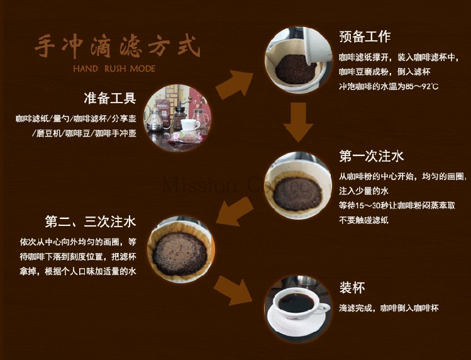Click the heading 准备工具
coord(109,98)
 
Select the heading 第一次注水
coord(371,155)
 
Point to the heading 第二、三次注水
coord(91,222)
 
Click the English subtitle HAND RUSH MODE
coord(114,68)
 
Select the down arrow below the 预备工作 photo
coord(298,123)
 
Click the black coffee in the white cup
coord(296,303)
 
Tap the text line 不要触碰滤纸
coord(363,220)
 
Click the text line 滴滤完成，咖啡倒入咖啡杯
coord(388,308)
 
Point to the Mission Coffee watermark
coord(235,186)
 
